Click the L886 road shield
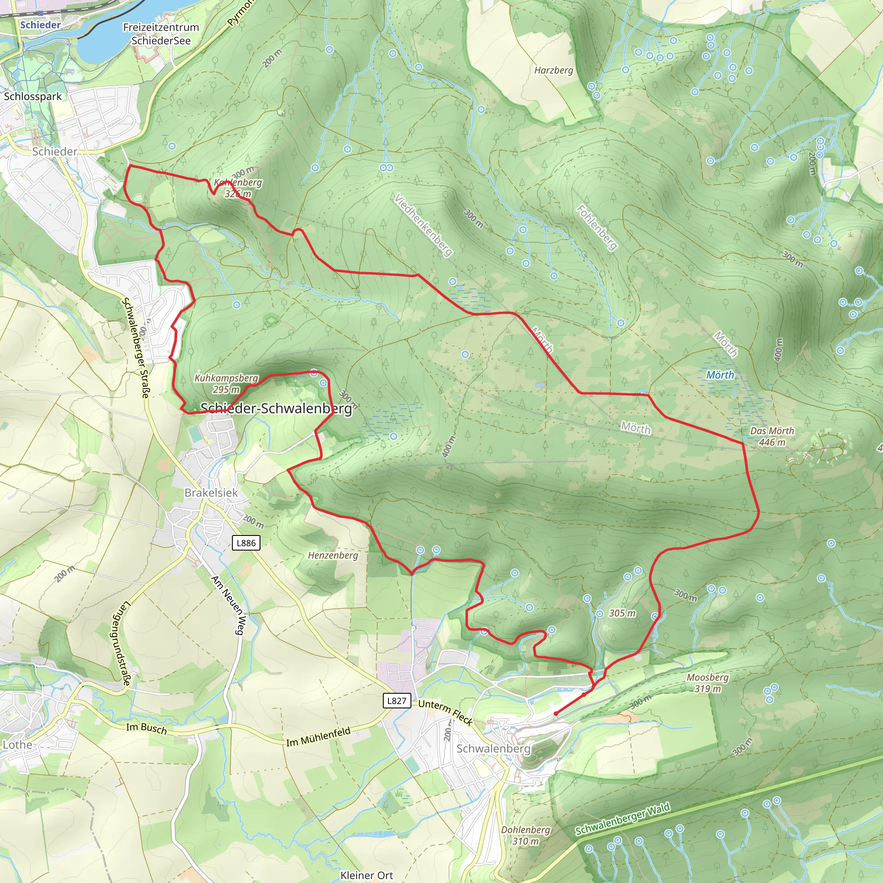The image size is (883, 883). click(x=246, y=543)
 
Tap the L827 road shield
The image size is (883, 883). click(x=396, y=701)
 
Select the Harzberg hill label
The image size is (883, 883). click(x=554, y=70)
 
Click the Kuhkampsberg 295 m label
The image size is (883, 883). click(x=226, y=384)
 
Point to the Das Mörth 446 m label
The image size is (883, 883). click(x=772, y=436)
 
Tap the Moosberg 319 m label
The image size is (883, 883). click(x=708, y=683)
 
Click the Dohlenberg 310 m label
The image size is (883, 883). click(x=526, y=835)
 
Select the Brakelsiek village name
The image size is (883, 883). click(x=211, y=493)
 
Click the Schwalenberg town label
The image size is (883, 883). click(x=493, y=748)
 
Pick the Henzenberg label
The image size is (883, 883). click(x=333, y=555)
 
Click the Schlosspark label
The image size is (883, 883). click(x=33, y=97)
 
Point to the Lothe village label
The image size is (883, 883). click(x=17, y=745)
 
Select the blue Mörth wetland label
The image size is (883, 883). click(x=720, y=375)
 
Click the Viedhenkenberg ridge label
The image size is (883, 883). click(x=423, y=225)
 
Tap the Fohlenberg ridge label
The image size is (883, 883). click(x=596, y=227)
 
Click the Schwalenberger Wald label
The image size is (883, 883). click(x=623, y=819)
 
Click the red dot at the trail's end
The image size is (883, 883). click(x=555, y=714)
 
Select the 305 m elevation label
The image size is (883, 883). click(x=622, y=614)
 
